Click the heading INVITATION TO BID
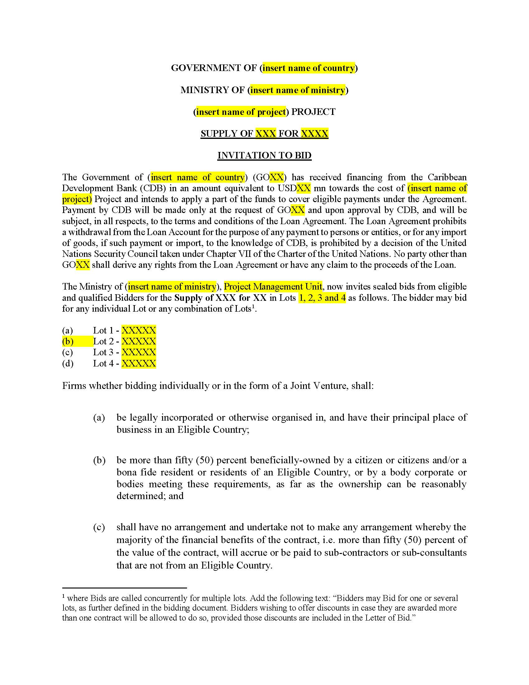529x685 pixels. (264, 156)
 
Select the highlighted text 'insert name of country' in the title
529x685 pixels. (309, 68)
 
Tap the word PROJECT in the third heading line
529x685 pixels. (313, 112)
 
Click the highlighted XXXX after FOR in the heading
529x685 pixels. (314, 134)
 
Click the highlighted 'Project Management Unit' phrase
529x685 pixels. (273, 287)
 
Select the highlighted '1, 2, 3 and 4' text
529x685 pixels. (322, 298)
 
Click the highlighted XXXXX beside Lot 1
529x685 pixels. (138, 330)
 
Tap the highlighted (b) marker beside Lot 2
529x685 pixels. (68, 341)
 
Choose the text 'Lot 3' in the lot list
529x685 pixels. (103, 352)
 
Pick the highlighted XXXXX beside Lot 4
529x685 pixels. (138, 363)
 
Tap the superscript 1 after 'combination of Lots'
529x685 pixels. (253, 306)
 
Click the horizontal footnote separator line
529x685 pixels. (124, 588)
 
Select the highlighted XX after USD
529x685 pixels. (303, 188)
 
